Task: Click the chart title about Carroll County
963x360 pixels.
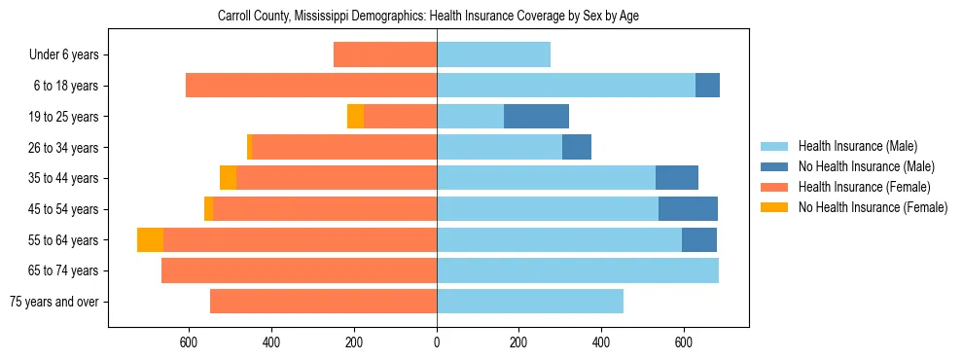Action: click(x=428, y=17)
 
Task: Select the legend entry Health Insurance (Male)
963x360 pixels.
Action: click(x=857, y=147)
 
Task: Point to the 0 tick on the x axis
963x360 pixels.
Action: click(x=437, y=342)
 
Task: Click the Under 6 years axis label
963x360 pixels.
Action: click(x=63, y=54)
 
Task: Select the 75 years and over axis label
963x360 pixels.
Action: click(x=53, y=302)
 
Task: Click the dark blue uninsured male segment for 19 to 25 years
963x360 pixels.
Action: click(x=536, y=117)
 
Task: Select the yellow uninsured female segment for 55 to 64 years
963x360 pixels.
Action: click(x=150, y=240)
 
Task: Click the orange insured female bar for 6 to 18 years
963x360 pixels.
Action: click(x=311, y=86)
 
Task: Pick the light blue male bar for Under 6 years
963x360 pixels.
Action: click(x=494, y=54)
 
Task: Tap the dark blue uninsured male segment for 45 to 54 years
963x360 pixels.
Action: click(x=688, y=209)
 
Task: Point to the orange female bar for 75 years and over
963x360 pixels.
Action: click(x=323, y=302)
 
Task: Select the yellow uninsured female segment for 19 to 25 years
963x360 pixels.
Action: click(x=355, y=117)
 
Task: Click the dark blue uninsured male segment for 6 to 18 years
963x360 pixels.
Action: click(x=707, y=86)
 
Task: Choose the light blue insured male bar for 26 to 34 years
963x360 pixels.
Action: click(x=499, y=147)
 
